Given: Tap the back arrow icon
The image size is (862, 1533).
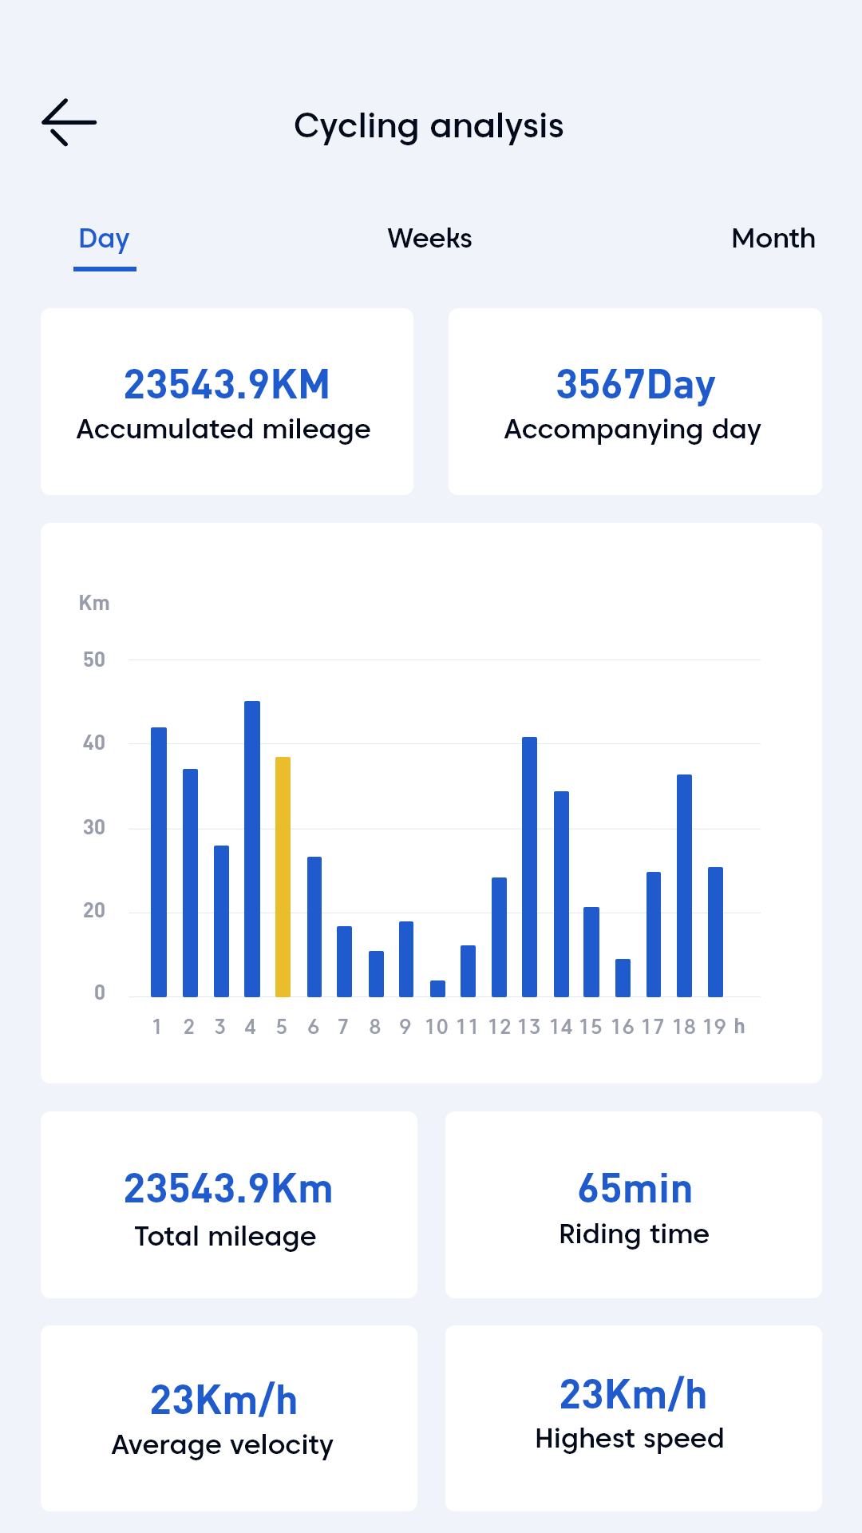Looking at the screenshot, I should point(69,122).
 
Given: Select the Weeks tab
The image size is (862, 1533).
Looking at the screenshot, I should point(429,239).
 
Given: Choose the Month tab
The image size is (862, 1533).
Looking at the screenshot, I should point(773,239).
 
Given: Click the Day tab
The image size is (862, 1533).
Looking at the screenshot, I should point(105,239).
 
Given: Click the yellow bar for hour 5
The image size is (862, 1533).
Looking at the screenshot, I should point(283,876).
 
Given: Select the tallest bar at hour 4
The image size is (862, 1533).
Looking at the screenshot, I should point(252,848).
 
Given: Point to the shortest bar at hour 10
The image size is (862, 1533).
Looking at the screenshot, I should point(437,988).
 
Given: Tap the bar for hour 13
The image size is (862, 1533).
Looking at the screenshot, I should point(529,866).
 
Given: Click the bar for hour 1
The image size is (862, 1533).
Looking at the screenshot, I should point(159,862).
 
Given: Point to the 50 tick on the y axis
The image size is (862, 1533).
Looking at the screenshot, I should point(94,660).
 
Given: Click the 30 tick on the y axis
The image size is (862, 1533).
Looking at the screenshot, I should point(94,827).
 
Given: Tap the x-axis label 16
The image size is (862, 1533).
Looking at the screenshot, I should point(623,1027).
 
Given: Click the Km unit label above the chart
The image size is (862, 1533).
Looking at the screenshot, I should point(94,603).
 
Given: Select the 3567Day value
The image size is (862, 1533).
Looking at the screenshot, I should point(635,385).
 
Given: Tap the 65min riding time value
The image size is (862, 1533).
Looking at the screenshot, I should point(635,1189).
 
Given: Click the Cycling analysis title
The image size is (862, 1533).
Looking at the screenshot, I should point(429,126).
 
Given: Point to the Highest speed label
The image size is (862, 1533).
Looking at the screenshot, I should point(629,1439).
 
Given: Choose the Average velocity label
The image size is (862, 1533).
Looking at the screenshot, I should point(222,1445).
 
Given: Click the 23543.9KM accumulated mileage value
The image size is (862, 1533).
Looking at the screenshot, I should point(227,385).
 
